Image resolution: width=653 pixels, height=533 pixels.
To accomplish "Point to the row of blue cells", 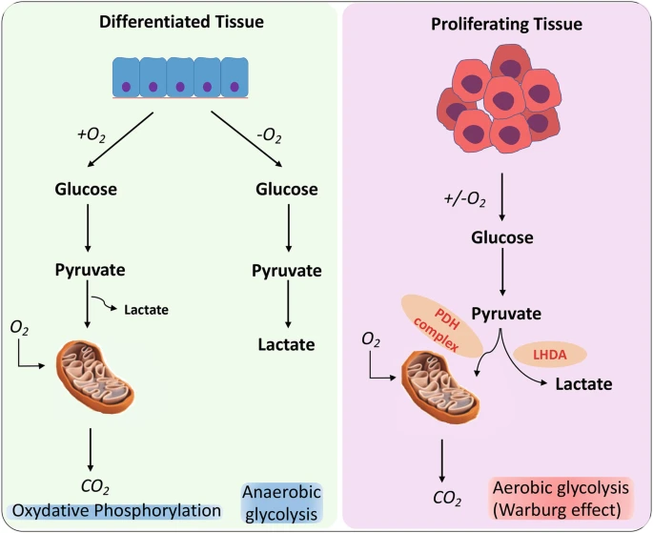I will (x=182, y=77).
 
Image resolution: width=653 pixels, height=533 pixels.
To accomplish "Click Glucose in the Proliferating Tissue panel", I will (x=502, y=237).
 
